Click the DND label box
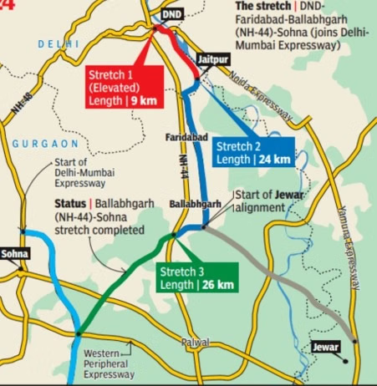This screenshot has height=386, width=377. pyautogui.click(x=171, y=14)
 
